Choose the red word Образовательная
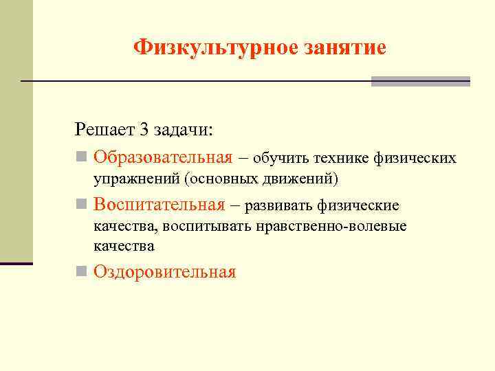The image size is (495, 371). tap(163, 157)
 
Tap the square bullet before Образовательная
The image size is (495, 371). tap(81, 157)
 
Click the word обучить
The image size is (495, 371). tap(281, 159)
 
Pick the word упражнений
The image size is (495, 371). tap(137, 179)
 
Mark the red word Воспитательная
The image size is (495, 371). tap(159, 205)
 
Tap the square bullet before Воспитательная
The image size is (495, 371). tap(81, 205)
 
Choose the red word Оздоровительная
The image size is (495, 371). tap(165, 272)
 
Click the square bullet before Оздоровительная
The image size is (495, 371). tap(81, 272)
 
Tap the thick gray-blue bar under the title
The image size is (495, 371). tap(420, 81)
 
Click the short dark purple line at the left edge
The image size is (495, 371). tap(16, 263)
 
